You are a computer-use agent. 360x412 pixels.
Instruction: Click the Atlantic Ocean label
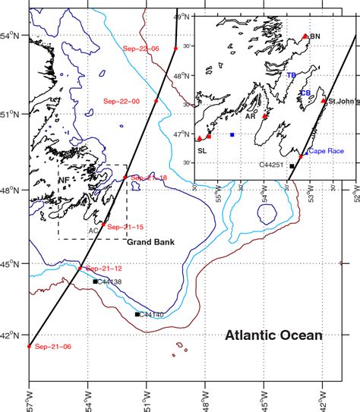click(x=273, y=335)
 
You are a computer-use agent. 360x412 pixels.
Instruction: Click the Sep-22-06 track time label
click(x=141, y=49)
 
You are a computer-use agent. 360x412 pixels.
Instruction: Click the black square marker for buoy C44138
click(x=95, y=281)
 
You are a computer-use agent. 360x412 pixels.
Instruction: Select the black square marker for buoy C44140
click(x=137, y=314)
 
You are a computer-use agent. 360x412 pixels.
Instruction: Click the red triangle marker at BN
click(x=305, y=36)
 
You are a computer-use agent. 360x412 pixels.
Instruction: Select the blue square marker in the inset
click(x=232, y=134)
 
